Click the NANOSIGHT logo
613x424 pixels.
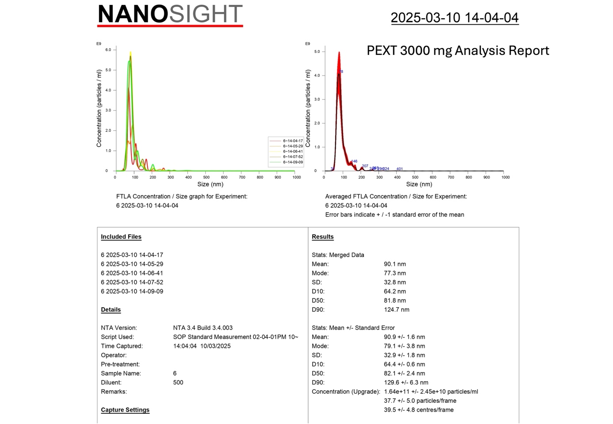[x=170, y=15]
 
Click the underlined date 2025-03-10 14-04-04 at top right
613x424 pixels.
[x=454, y=17]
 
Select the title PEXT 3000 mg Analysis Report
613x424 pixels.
[x=458, y=50]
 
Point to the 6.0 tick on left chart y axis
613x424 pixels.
[x=108, y=50]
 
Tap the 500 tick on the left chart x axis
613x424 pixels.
[x=206, y=177]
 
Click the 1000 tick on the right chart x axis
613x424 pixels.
[x=505, y=177]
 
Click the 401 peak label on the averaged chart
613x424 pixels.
[x=399, y=169]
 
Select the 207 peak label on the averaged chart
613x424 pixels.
[x=365, y=166]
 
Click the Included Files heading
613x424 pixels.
[x=121, y=237]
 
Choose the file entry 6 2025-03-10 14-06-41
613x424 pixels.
[x=132, y=273]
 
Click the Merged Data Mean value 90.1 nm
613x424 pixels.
[x=395, y=264]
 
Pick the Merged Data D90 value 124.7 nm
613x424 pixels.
[x=396, y=309]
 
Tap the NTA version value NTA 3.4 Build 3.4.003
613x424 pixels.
[x=203, y=328]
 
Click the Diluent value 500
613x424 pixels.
[x=178, y=382]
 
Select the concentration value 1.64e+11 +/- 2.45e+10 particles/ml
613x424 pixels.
[x=431, y=392]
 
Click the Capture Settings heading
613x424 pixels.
[x=125, y=410]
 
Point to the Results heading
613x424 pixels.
[x=322, y=237]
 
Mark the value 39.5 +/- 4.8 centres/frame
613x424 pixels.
[x=418, y=410]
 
